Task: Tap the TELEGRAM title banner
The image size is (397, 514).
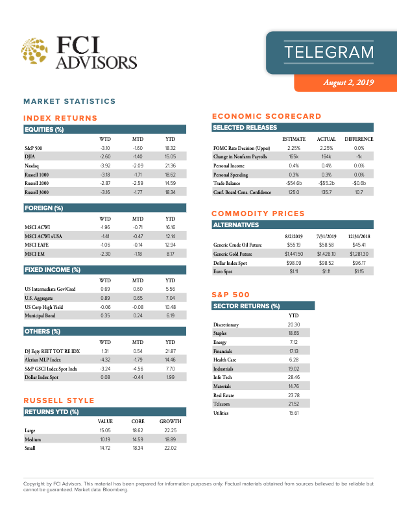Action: [x=329, y=52]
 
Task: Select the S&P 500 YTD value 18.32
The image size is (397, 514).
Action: [x=171, y=148]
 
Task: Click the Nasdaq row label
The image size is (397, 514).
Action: [x=32, y=166]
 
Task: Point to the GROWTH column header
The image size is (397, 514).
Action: [x=171, y=421]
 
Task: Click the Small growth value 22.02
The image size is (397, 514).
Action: [x=171, y=448]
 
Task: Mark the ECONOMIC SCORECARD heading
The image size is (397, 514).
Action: [x=267, y=116]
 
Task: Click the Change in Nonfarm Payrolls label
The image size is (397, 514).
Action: [x=240, y=157]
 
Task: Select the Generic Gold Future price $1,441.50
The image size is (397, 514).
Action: [x=294, y=253]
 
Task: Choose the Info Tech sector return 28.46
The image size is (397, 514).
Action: [x=293, y=378]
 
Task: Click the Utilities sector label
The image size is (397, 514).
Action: [x=224, y=413]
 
